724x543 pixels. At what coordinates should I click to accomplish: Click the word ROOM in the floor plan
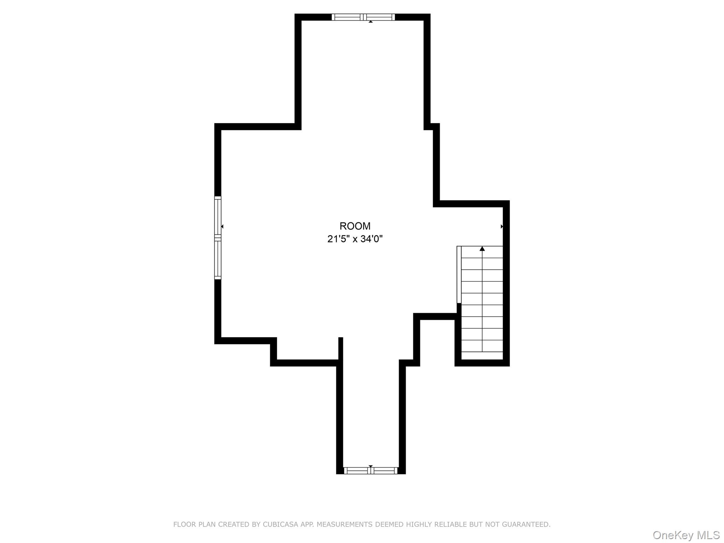pyautogui.click(x=355, y=226)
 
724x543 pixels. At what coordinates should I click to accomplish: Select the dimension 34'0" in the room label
pyautogui.click(x=372, y=239)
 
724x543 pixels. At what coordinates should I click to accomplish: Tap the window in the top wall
pyautogui.click(x=363, y=17)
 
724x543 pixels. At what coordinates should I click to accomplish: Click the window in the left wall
pyautogui.click(x=218, y=238)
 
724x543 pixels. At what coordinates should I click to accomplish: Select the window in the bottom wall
pyautogui.click(x=370, y=471)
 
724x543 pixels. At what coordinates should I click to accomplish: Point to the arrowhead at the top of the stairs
pyautogui.click(x=482, y=249)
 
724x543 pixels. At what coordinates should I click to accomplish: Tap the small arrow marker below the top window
pyautogui.click(x=370, y=22)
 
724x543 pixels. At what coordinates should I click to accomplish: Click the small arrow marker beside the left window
pyautogui.click(x=222, y=226)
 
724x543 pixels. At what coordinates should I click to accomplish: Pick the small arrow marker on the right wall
pyautogui.click(x=502, y=226)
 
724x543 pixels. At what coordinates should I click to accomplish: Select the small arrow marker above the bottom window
pyautogui.click(x=370, y=466)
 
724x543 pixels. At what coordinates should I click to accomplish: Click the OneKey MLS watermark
pyautogui.click(x=686, y=535)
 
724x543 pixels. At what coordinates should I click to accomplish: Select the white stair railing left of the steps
pyautogui.click(x=459, y=274)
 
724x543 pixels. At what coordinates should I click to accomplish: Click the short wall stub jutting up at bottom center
pyautogui.click(x=341, y=348)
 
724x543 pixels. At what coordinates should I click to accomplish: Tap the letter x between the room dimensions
pyautogui.click(x=355, y=240)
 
